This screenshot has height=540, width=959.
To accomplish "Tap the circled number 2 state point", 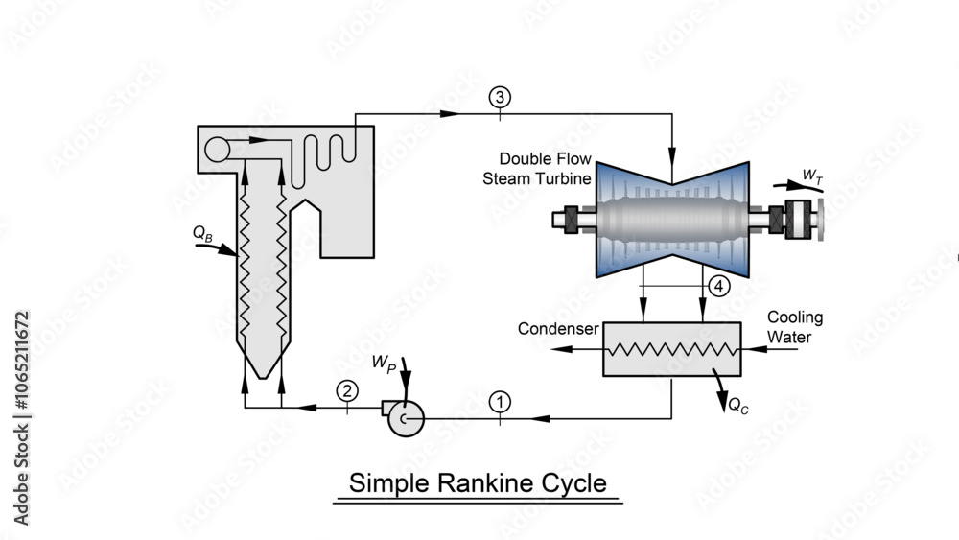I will [x=347, y=389].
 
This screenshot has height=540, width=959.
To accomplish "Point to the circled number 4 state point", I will [x=718, y=286].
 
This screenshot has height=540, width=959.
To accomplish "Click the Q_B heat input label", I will [x=201, y=232].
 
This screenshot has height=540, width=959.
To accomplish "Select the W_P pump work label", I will [x=384, y=364].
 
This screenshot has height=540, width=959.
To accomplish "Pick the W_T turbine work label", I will [x=811, y=176].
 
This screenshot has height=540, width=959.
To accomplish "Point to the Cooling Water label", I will [x=794, y=327].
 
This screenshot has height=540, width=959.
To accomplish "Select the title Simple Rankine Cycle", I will [x=478, y=482].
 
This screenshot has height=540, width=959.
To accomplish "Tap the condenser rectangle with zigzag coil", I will [x=671, y=349].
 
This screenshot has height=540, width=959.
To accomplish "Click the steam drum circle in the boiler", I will [x=218, y=149].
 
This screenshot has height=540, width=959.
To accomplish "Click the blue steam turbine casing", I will [x=671, y=219].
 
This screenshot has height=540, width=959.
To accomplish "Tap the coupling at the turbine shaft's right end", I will [x=799, y=220].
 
